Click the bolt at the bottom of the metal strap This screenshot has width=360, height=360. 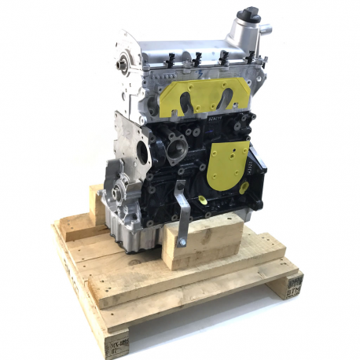pyautogui.click(x=182, y=242)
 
